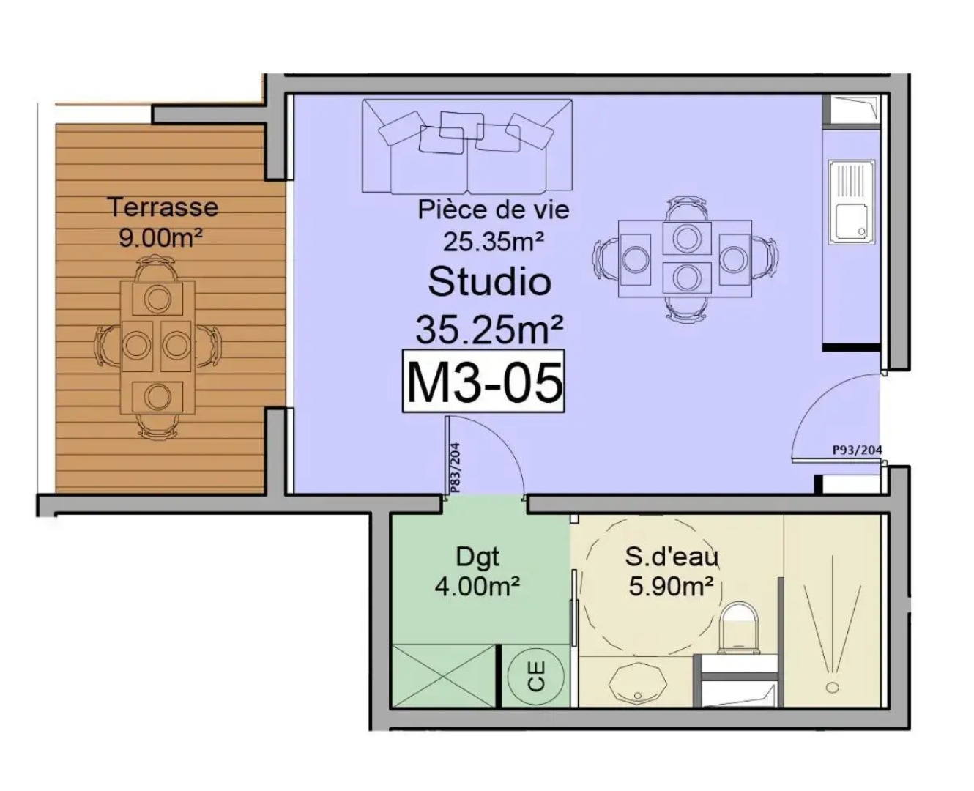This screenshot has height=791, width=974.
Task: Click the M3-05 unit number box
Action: [484, 382]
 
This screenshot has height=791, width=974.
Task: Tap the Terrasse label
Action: [163, 207]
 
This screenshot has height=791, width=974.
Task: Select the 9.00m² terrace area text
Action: [160, 238]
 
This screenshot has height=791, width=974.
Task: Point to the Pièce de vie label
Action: [494, 209]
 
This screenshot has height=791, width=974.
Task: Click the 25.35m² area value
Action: [494, 241]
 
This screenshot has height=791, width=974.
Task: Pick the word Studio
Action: [489, 282]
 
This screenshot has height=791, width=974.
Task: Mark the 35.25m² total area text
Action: [489, 330]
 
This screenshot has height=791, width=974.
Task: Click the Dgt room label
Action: [477, 557]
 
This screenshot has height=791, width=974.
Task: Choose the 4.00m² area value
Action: [477, 587]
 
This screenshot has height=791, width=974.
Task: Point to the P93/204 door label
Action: [857, 450]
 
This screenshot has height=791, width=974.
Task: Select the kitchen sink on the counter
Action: [852, 202]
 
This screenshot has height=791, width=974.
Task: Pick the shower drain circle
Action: [832, 687]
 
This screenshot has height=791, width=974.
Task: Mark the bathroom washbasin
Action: [634, 683]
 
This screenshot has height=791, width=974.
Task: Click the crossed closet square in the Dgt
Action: [445, 676]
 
